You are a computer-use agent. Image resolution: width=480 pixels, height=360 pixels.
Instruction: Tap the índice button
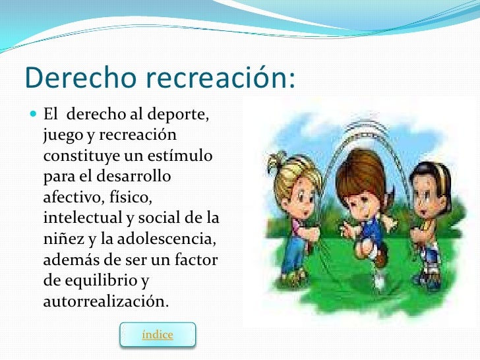click(158, 335)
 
